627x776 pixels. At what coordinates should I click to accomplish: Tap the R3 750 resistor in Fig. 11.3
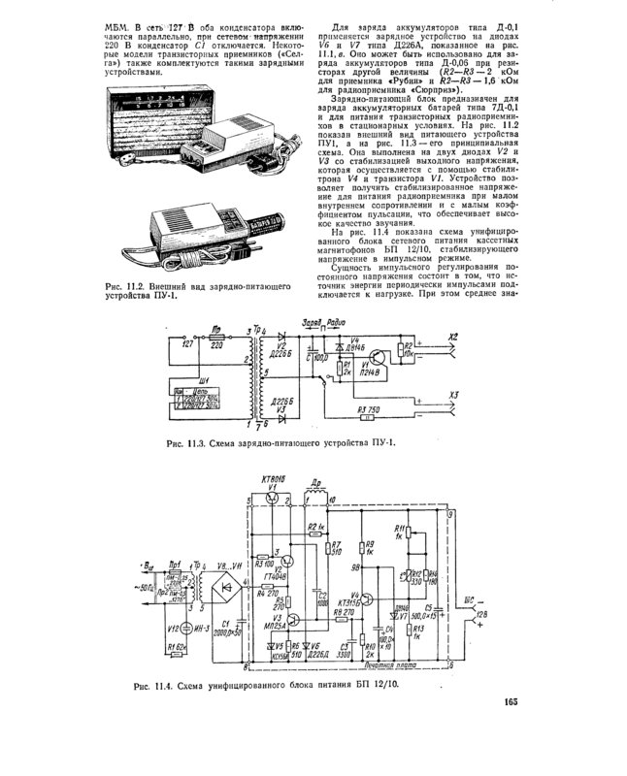[369, 412]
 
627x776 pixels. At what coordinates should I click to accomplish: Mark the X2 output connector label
[452, 339]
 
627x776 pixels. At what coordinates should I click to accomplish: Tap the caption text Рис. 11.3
[186, 443]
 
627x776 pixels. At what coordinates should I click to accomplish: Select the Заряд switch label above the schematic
[313, 321]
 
